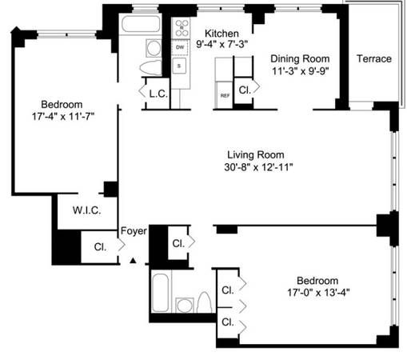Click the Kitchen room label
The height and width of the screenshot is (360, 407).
coord(221,34)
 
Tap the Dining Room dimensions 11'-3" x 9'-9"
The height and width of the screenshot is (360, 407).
coord(300,71)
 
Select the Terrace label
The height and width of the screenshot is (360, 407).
coord(374,58)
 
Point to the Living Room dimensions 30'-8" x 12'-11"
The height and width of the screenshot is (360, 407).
coord(258,167)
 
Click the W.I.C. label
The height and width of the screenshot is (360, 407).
coord(86,210)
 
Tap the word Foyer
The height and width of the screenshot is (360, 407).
coord(134,231)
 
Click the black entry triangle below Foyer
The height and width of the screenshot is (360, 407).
coord(133,261)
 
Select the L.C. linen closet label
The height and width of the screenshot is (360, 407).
coord(158,94)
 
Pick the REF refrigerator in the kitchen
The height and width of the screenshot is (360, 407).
coord(225,95)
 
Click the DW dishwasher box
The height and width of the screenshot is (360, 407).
coord(180,47)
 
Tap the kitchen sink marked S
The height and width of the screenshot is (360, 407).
coord(179,66)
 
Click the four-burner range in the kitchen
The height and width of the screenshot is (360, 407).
coord(182,28)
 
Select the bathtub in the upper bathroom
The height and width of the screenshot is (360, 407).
coord(141,24)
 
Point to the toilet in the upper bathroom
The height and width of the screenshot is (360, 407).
coord(150,68)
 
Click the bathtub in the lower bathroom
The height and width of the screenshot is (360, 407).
coord(161,292)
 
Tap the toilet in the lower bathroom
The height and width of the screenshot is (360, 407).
coord(204,302)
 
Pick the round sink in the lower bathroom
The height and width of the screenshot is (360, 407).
coord(185,305)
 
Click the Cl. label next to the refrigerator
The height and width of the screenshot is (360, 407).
coord(245,90)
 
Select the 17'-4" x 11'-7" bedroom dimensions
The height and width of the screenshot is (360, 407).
coord(63,117)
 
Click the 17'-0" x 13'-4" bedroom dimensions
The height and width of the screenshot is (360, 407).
coord(318,293)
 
